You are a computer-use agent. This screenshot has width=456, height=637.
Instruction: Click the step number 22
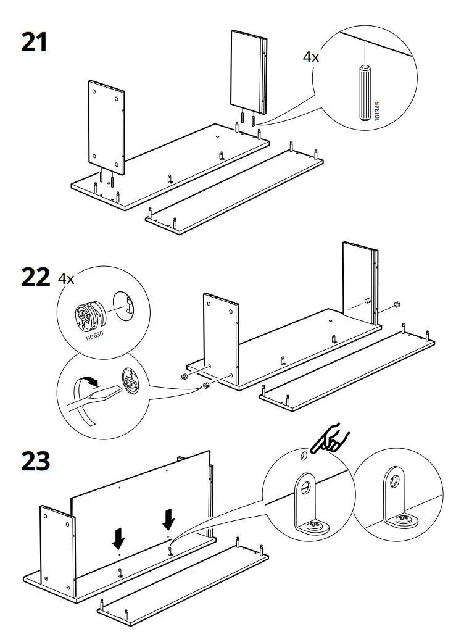click(35, 277)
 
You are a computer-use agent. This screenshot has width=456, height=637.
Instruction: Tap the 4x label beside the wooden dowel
click(311, 57)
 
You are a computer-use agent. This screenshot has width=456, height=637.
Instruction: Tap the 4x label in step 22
click(66, 278)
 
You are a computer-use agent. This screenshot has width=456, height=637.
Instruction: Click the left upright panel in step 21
click(107, 127)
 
